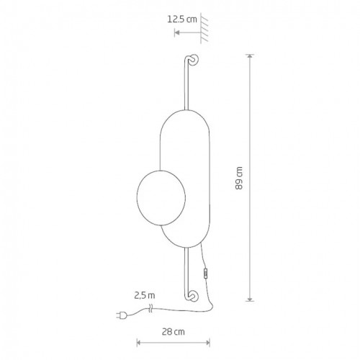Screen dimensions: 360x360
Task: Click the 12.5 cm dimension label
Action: point(182,19)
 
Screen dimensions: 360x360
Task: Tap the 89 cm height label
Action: point(239,178)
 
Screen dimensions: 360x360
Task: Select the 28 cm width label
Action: point(174,332)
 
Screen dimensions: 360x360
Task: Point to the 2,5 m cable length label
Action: point(145,295)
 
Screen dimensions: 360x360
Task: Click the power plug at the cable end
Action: point(120,315)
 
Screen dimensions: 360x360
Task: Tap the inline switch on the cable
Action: point(205,274)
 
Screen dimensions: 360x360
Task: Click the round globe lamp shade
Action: point(161,197)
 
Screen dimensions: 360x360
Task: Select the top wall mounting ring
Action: point(194,60)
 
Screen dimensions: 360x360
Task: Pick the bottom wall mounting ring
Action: point(194,296)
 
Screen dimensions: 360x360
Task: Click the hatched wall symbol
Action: point(204,28)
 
